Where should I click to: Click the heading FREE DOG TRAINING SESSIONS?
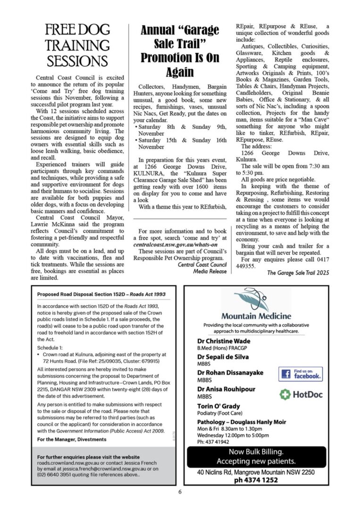pos(77,46)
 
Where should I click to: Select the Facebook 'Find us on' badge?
pos(301,374)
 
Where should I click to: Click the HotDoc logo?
pos(301,394)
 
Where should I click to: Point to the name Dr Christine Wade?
pos(224,341)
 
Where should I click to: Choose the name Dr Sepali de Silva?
pos(223,357)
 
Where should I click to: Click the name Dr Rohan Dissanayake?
pos(230,373)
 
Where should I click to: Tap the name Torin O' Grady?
pos(218,406)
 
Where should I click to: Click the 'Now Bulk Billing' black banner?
pos(256,456)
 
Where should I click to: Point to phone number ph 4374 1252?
pos(256,480)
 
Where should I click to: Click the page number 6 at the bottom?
pos(180,491)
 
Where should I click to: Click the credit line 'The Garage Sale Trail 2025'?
pos(298,273)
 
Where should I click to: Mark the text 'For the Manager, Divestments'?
pos(72,439)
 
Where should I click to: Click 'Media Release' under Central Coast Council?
pos(210,272)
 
